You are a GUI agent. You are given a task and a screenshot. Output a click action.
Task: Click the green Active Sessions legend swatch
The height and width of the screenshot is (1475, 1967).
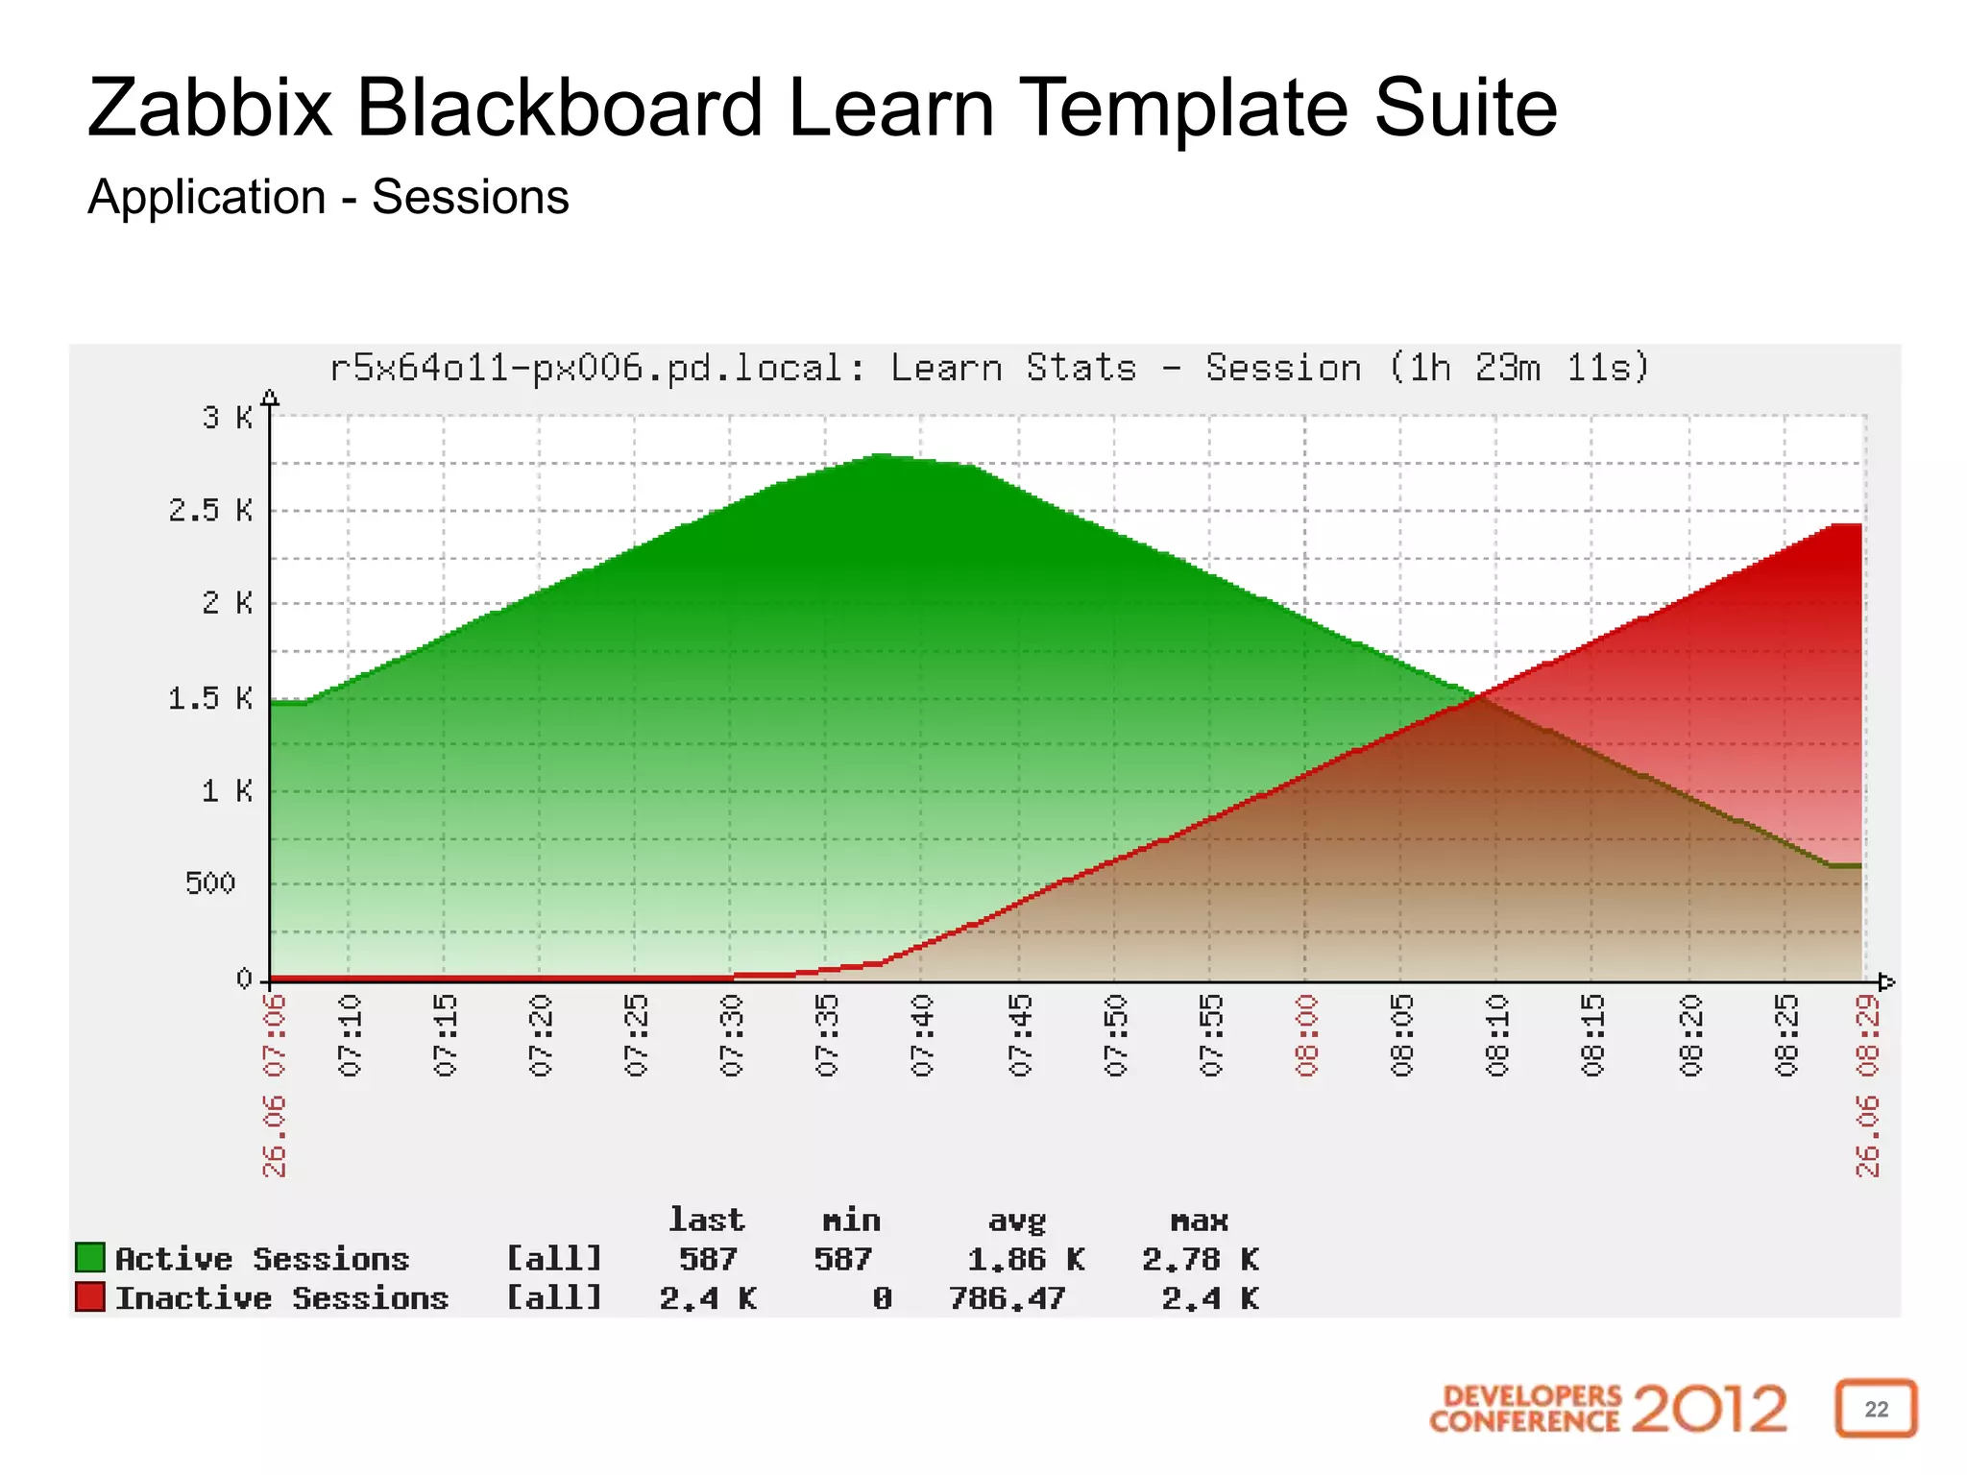[89, 1257]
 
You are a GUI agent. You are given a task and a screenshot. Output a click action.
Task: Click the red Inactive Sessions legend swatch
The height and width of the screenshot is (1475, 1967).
[89, 1296]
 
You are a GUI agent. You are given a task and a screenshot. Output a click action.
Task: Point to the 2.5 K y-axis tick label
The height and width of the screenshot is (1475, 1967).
[210, 510]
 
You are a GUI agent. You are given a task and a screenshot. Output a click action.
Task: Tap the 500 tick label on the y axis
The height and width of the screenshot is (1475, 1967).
[210, 883]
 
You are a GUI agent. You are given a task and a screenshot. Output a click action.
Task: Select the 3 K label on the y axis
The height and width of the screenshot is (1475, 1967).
[227, 418]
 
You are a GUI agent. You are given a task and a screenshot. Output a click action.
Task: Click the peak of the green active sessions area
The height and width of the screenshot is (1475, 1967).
[880, 455]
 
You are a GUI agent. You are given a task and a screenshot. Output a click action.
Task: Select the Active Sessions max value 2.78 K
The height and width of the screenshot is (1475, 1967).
[1200, 1259]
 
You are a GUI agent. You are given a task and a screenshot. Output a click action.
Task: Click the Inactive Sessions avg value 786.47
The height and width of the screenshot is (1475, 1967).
[1007, 1298]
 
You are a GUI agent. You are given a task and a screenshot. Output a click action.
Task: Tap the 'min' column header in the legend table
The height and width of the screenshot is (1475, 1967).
[851, 1221]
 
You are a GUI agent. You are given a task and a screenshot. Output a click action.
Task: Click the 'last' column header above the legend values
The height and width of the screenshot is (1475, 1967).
[707, 1221]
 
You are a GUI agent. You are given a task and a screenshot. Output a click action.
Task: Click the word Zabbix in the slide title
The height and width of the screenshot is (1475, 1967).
[209, 109]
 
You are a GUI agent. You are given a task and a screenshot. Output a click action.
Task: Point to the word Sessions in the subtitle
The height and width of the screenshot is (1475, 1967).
[471, 198]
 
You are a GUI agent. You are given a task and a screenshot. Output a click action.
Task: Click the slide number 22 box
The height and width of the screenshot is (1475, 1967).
[1876, 1409]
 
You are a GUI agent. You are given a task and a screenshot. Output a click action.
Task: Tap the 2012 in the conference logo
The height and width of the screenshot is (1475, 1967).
[1709, 1409]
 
